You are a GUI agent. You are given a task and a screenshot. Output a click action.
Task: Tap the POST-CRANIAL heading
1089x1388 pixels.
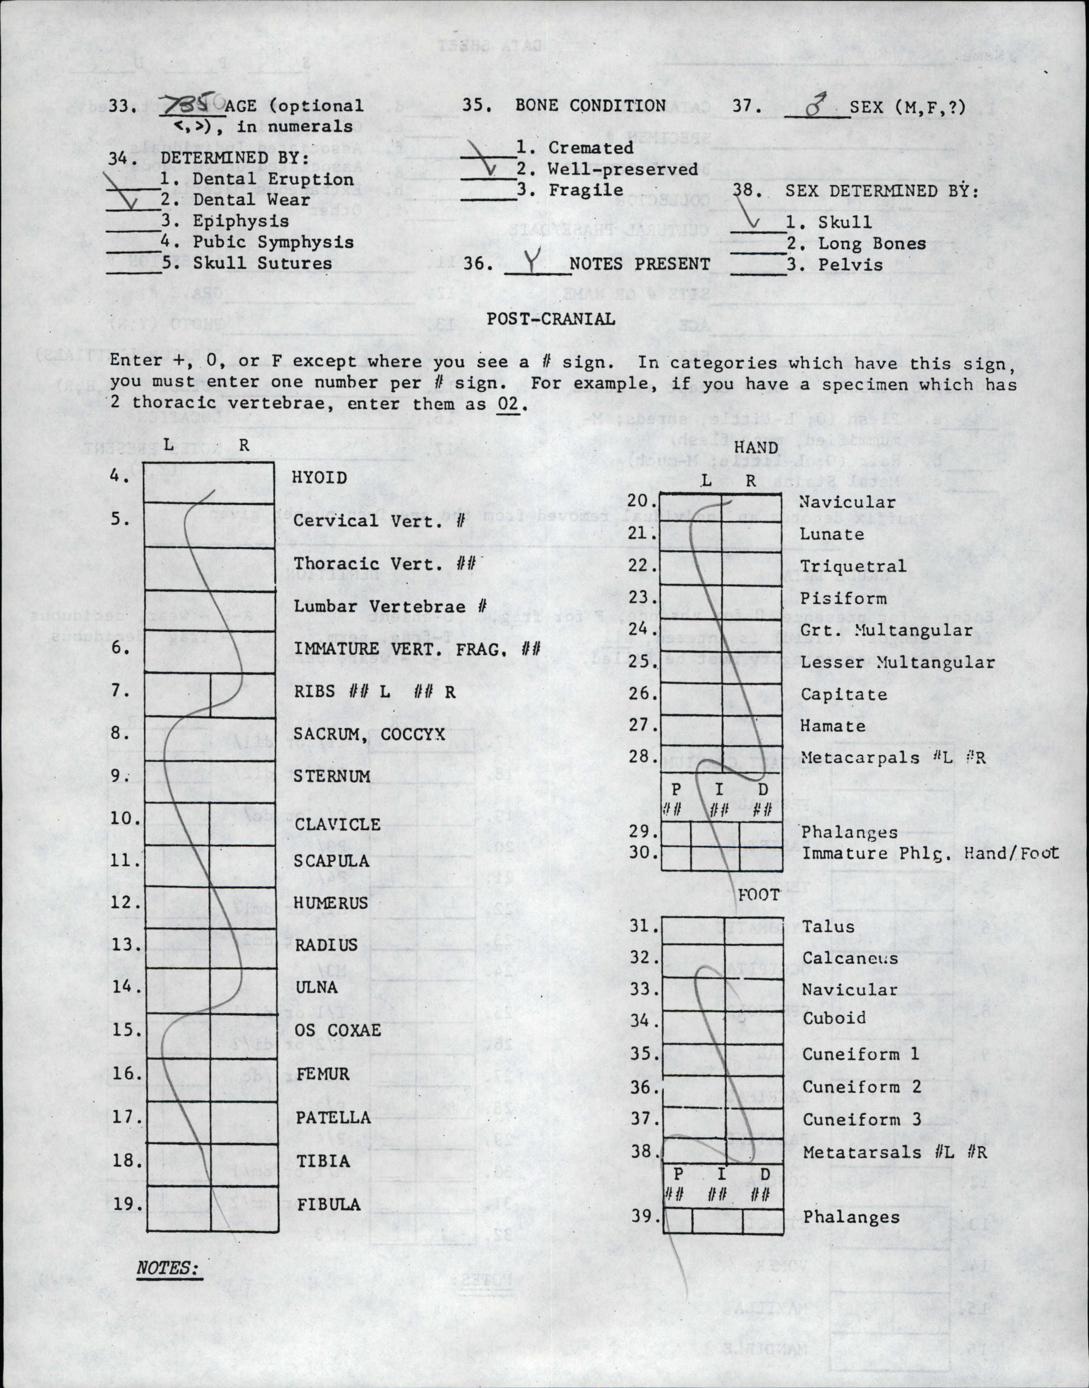(x=551, y=319)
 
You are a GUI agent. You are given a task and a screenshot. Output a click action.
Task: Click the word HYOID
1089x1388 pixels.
(x=319, y=477)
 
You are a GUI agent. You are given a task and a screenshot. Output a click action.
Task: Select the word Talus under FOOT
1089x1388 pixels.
(x=828, y=926)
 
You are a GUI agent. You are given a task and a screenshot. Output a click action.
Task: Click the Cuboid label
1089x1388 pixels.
(x=834, y=1018)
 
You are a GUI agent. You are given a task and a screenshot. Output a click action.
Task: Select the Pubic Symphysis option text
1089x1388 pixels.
(x=273, y=242)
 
